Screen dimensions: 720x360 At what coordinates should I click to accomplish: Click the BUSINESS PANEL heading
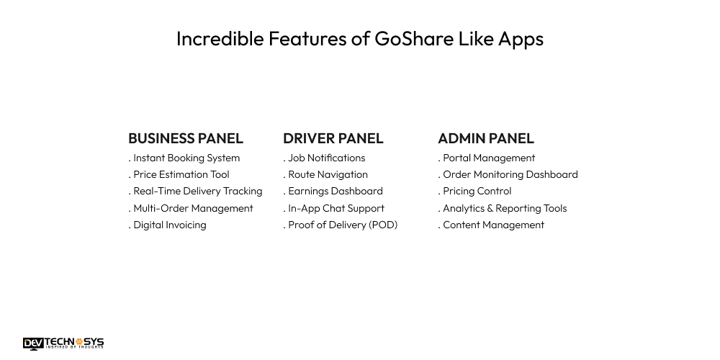pyautogui.click(x=186, y=138)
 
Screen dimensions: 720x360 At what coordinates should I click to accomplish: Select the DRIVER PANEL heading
pyautogui.click(x=333, y=138)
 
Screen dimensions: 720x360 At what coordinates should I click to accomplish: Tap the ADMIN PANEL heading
pyautogui.click(x=486, y=138)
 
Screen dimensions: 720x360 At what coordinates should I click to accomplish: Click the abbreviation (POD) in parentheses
pyautogui.click(x=383, y=225)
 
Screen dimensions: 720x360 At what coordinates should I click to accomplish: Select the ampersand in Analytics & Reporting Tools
pyautogui.click(x=490, y=209)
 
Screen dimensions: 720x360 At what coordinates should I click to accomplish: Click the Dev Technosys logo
pyautogui.click(x=63, y=343)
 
